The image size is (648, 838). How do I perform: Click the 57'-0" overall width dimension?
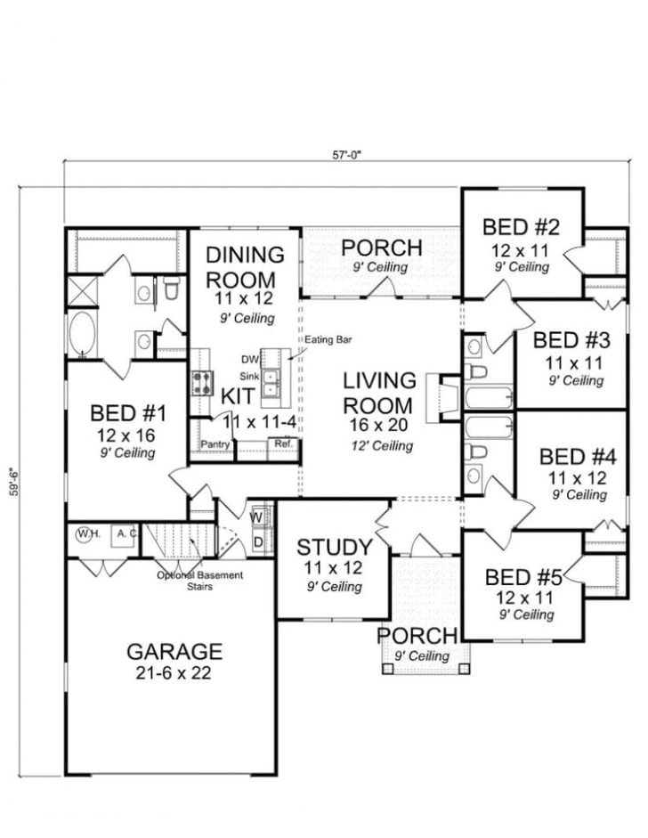(348, 153)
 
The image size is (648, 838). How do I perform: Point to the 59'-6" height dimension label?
(12, 484)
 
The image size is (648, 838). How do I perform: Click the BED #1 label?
(124, 414)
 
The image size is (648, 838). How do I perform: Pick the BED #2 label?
(521, 225)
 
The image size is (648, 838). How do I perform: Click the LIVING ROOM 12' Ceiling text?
(381, 446)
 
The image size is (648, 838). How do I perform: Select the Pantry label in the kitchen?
(215, 444)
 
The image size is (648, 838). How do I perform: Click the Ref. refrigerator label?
(283, 443)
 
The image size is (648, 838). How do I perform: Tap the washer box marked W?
(257, 517)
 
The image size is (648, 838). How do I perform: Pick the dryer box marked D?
(257, 541)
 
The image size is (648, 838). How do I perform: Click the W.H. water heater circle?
(87, 534)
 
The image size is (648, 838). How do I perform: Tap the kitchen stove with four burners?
(200, 384)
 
